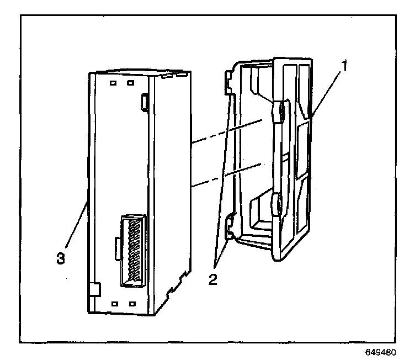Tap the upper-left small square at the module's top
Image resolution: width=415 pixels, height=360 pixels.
pyautogui.click(x=113, y=83)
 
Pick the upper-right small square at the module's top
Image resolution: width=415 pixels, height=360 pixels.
pyautogui.click(x=131, y=84)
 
